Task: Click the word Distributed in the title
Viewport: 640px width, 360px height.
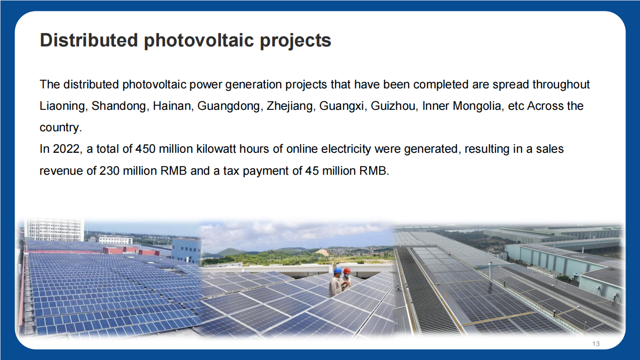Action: tap(89, 40)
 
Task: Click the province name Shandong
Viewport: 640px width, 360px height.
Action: tap(119, 106)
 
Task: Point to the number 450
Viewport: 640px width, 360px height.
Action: tap(145, 149)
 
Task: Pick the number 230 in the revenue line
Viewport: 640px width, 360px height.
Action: tap(109, 171)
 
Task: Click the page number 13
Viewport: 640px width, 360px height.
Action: tap(596, 344)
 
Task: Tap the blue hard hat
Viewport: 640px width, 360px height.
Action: tap(338, 270)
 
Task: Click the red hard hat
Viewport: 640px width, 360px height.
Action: tap(347, 271)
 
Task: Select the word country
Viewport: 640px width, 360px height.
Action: tap(60, 128)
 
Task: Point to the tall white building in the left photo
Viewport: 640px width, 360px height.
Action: tap(54, 230)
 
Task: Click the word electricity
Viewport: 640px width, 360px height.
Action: tap(328, 149)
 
